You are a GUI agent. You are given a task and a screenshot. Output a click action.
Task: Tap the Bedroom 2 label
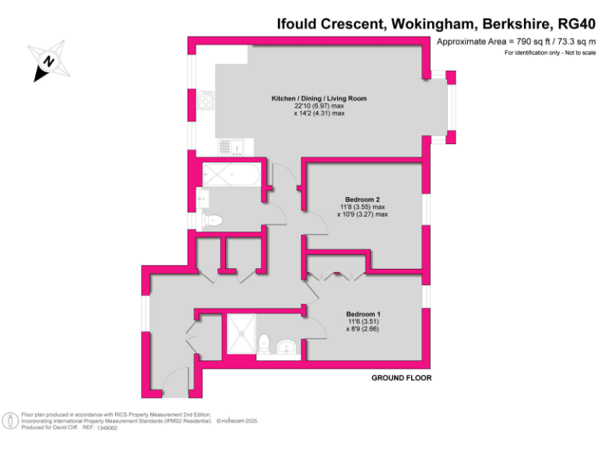click(x=361, y=199)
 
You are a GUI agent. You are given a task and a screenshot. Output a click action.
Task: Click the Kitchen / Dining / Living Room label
click(x=318, y=98)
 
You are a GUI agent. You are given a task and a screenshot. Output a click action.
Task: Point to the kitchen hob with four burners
click(x=206, y=101)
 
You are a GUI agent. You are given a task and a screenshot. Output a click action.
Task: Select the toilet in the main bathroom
click(x=212, y=221)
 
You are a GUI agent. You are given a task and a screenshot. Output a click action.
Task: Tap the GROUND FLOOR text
click(x=401, y=378)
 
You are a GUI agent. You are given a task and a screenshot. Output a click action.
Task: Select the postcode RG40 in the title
click(x=572, y=23)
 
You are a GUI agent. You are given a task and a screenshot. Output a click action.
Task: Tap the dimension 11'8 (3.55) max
click(x=362, y=207)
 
